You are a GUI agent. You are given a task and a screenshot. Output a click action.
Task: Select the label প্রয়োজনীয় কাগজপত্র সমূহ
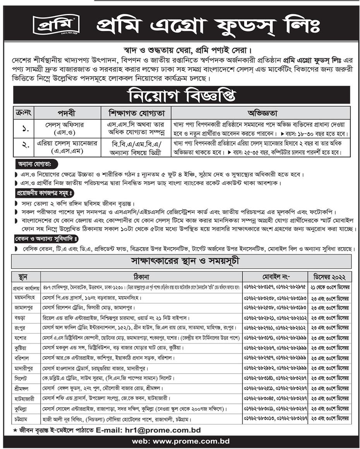(44, 192)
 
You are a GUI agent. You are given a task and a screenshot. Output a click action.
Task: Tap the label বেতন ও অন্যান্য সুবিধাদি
(47, 238)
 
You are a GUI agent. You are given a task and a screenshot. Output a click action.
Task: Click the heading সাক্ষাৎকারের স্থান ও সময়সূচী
(182, 262)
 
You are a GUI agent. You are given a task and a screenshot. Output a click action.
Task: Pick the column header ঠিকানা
(142, 277)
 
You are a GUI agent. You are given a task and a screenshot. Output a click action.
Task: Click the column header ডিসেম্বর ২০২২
(330, 277)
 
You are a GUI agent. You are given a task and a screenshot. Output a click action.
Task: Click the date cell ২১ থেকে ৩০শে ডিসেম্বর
(330, 288)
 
